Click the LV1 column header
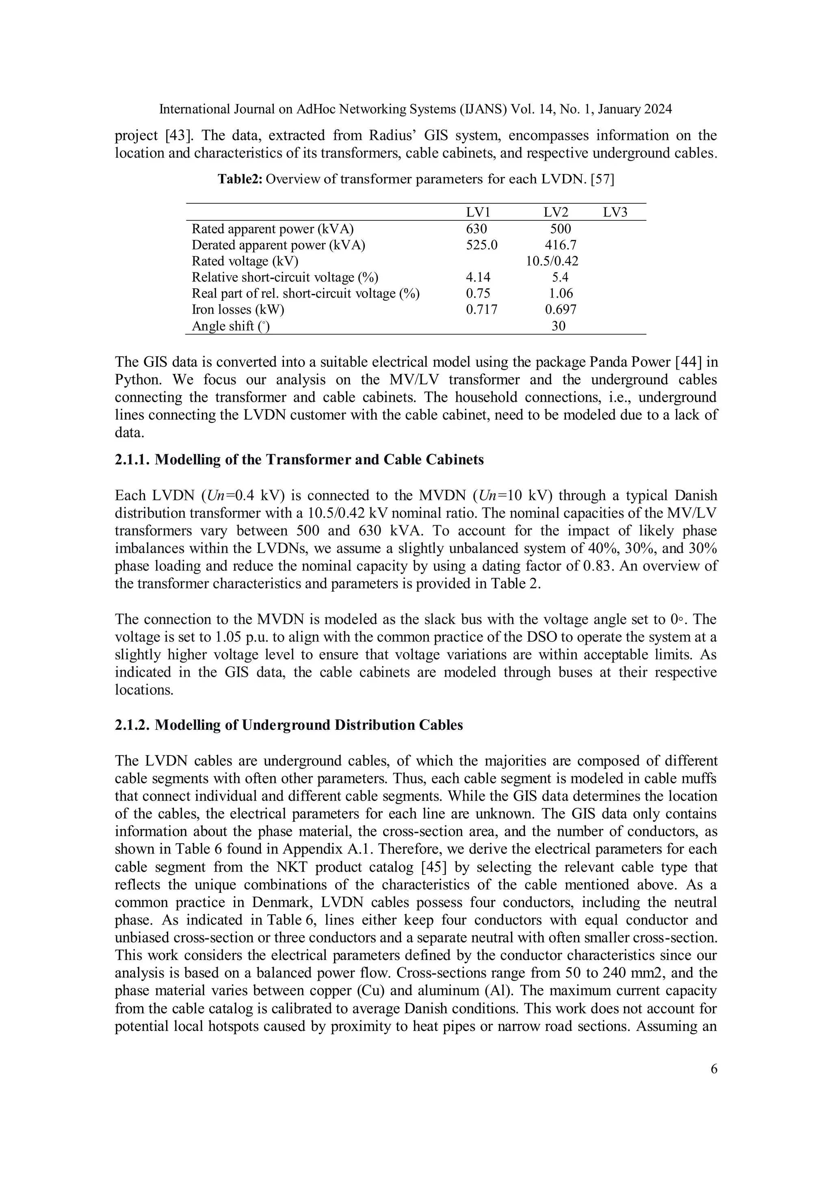pos(477,212)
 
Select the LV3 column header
pos(615,212)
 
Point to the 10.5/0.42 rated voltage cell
pos(552,261)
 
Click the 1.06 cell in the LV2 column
pos(561,293)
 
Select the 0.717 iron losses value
pos(481,310)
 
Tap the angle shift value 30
pos(559,326)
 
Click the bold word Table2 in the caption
pos(240,179)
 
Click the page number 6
pos(714,1069)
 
